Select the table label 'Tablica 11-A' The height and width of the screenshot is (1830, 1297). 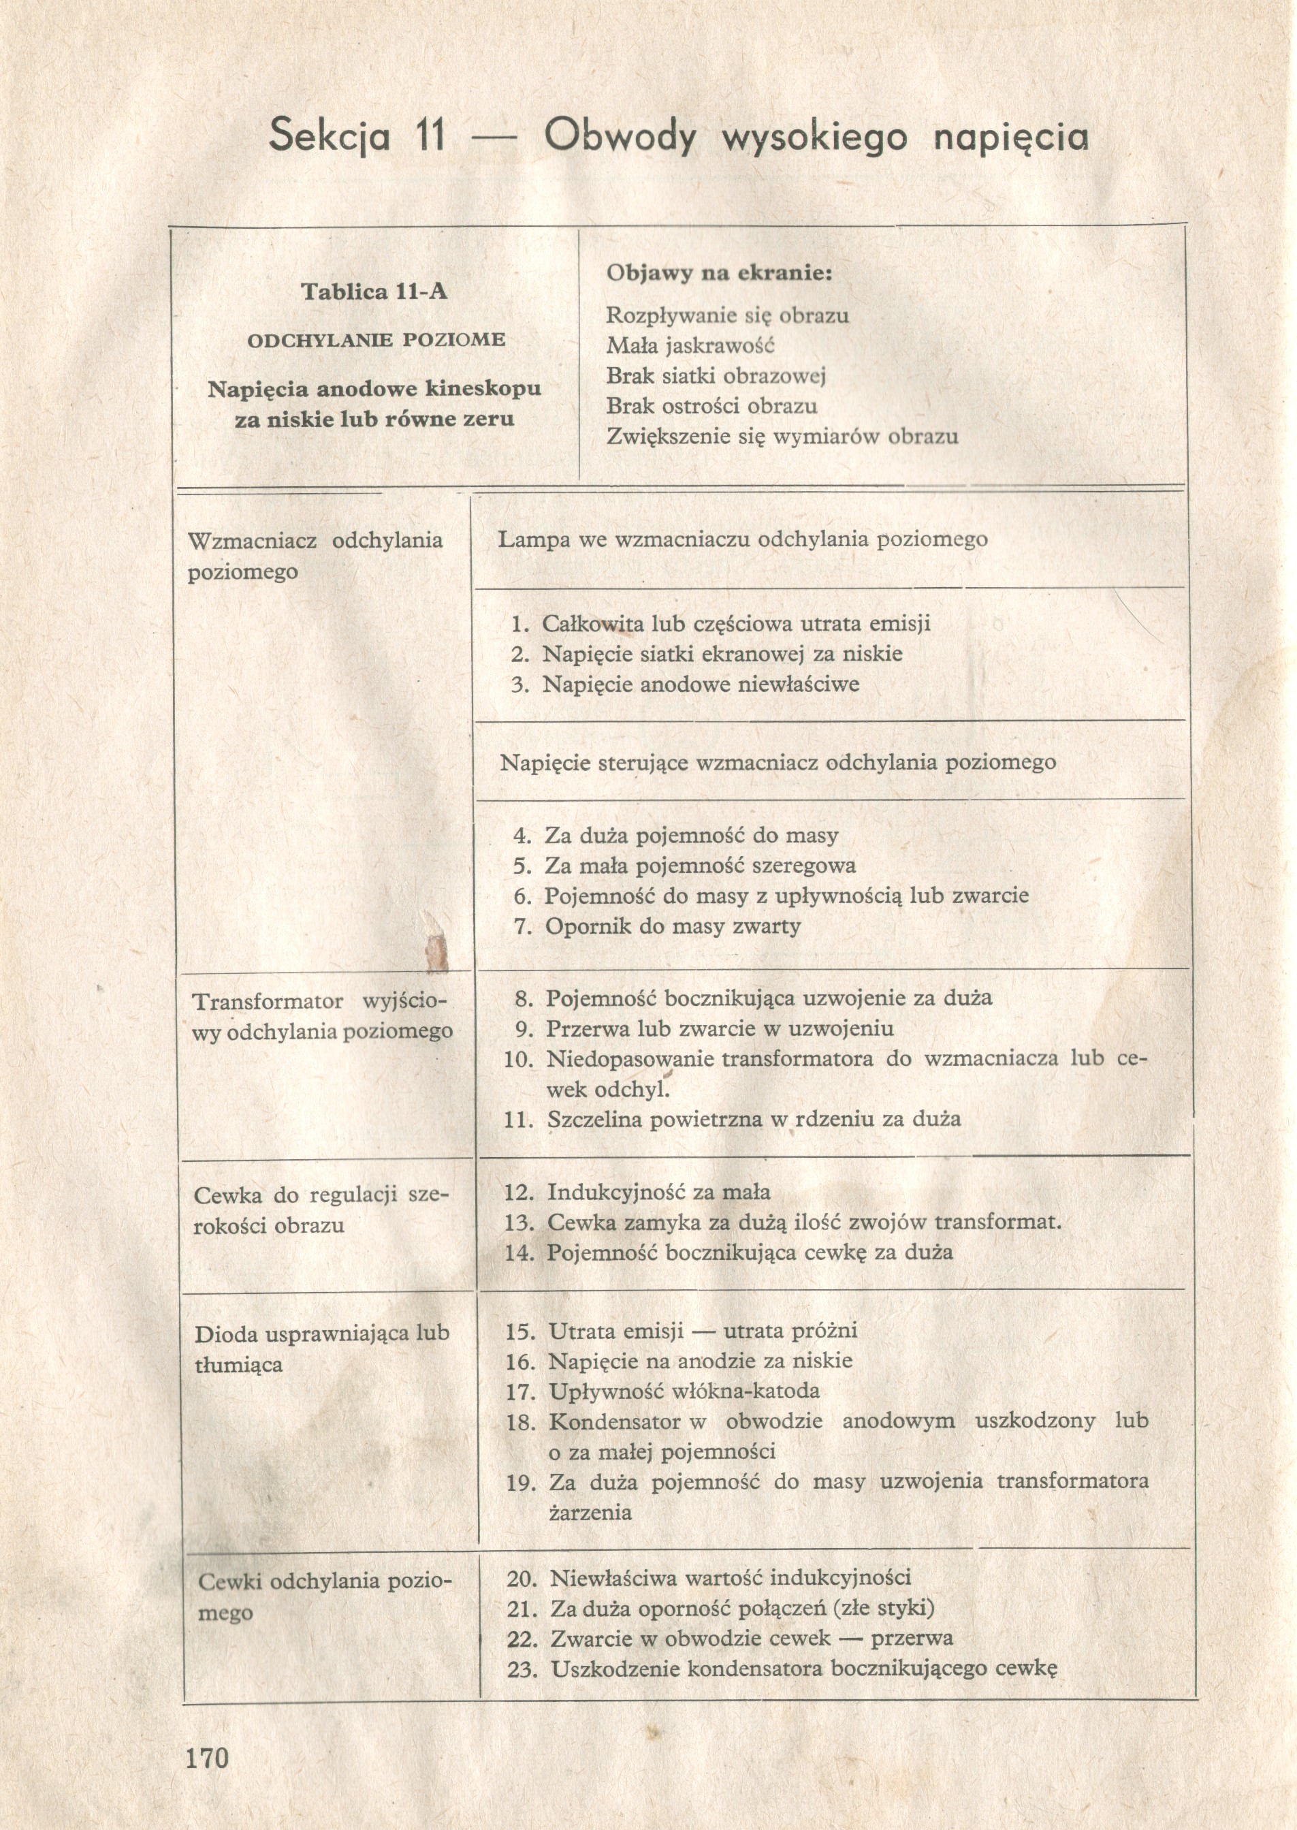(x=374, y=291)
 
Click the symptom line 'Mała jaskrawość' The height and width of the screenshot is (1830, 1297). (x=690, y=345)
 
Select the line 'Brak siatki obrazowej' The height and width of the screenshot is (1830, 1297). (x=716, y=375)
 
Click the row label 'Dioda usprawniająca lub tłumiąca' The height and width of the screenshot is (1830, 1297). (x=322, y=1348)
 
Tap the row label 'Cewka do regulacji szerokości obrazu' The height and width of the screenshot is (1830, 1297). (x=321, y=1210)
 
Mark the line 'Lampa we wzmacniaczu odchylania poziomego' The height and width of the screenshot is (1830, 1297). (x=743, y=539)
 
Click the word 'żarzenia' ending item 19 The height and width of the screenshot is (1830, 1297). (x=590, y=1512)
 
